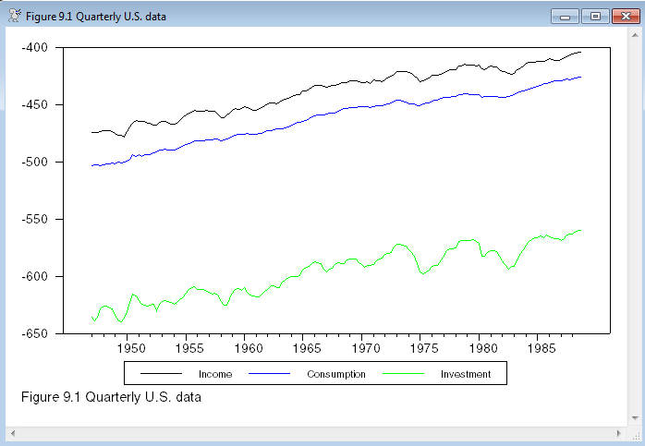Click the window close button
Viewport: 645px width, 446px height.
point(623,16)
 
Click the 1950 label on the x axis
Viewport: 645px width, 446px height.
point(131,348)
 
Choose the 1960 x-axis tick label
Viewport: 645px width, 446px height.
point(249,348)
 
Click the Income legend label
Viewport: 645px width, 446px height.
point(214,374)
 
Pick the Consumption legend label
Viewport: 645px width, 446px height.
point(336,374)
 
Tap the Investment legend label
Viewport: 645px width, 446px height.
point(466,374)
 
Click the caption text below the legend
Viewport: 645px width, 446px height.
point(110,397)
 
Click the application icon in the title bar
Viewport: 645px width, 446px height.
point(13,16)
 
